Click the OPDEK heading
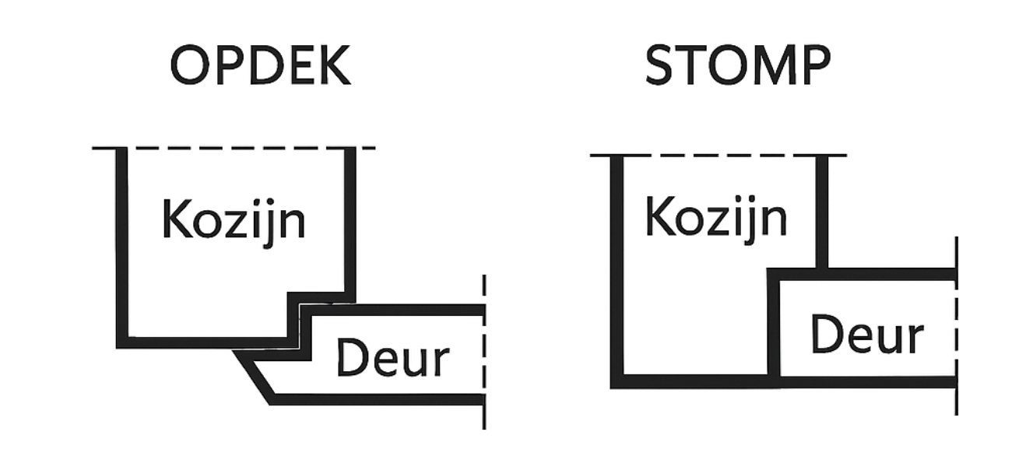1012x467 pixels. (x=261, y=66)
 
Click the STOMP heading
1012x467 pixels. (x=738, y=66)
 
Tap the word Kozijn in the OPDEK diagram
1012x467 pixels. (x=234, y=220)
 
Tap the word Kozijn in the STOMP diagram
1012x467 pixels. (x=716, y=217)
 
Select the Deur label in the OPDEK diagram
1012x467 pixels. (x=392, y=359)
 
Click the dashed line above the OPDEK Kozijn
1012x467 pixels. (x=234, y=148)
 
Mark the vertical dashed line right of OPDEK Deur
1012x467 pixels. (x=484, y=350)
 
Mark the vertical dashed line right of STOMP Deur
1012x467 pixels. (x=956, y=327)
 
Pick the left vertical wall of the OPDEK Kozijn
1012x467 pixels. (x=121, y=241)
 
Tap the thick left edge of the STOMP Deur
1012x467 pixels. (x=773, y=327)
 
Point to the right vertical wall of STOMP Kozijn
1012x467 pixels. (x=823, y=210)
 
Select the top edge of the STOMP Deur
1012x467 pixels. (x=864, y=274)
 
